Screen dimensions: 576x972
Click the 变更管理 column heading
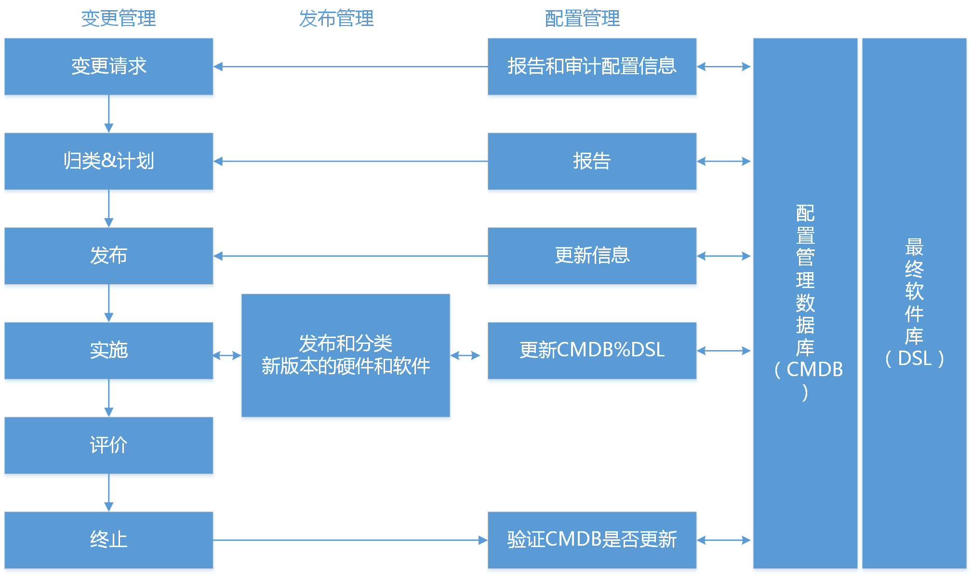119,19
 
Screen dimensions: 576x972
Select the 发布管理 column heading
336,19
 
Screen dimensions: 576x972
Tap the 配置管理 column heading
582,19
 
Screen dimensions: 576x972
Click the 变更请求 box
109,66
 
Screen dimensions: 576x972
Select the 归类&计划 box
109,161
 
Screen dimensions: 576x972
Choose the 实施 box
109,351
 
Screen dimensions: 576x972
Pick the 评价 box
109,445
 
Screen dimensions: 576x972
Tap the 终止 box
109,540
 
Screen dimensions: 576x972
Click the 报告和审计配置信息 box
592,66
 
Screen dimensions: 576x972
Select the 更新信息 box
592,256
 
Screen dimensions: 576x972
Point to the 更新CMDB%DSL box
592,351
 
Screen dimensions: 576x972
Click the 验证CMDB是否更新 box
592,540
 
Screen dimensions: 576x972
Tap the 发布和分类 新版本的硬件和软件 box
346,355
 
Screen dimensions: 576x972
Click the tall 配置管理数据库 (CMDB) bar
805,303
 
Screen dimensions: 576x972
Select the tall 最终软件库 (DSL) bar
914,303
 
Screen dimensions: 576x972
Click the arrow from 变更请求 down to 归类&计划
109,114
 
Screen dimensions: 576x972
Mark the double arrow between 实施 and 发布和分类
227,356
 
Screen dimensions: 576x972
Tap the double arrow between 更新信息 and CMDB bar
724,256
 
